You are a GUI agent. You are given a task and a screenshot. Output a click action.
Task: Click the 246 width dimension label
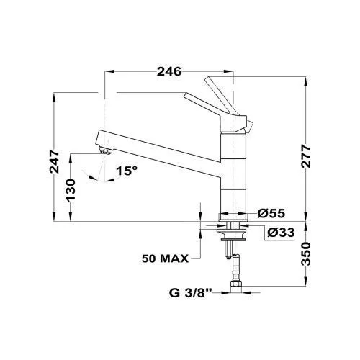[169, 71]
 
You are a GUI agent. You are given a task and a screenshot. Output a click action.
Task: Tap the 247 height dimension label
[54, 161]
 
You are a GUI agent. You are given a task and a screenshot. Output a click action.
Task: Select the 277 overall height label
[306, 156]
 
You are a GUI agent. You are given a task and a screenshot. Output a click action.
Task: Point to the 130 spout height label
[71, 190]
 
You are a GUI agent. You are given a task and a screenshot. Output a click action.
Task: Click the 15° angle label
[127, 171]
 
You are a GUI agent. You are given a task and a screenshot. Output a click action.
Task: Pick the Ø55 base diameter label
[271, 213]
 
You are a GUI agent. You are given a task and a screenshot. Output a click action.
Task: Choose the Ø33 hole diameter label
[281, 232]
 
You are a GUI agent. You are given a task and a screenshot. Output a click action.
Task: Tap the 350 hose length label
[306, 253]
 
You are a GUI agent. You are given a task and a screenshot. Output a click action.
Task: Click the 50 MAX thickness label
[166, 258]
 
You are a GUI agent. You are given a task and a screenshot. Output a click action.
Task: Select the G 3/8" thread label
[190, 293]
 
